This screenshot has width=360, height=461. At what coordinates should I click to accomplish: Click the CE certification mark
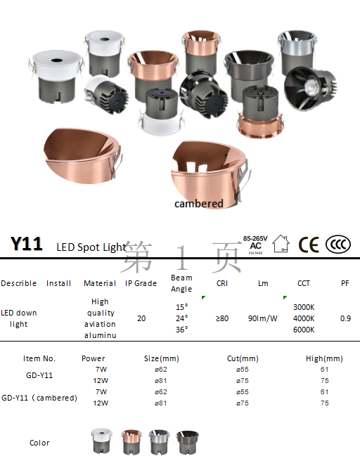pyautogui.click(x=309, y=245)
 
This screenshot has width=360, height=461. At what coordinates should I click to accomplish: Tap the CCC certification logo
pyautogui.click(x=338, y=245)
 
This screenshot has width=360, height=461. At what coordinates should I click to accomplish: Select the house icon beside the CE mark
pyautogui.click(x=281, y=243)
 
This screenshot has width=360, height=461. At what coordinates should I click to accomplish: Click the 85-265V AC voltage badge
pyautogui.click(x=255, y=245)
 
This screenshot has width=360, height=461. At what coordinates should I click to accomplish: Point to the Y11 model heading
pyautogui.click(x=27, y=244)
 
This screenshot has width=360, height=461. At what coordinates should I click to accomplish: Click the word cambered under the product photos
pyautogui.click(x=199, y=204)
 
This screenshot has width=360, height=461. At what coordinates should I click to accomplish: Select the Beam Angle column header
pyautogui.click(x=181, y=283)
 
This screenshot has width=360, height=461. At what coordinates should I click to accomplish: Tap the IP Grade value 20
pyautogui.click(x=141, y=318)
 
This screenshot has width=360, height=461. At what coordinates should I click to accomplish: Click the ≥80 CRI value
pyautogui.click(x=222, y=318)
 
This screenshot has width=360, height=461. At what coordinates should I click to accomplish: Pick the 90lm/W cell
pyautogui.click(x=263, y=318)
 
